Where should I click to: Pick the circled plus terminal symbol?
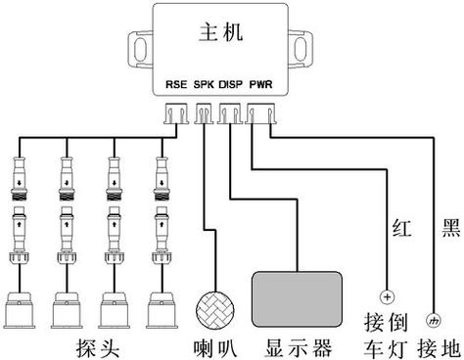pyautogui.click(x=387, y=297)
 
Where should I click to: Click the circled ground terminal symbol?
pyautogui.click(x=435, y=318)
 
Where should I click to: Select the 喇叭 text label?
pyautogui.click(x=212, y=345)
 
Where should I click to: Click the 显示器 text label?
pyautogui.click(x=299, y=345)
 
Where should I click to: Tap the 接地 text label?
pyautogui.click(x=435, y=345)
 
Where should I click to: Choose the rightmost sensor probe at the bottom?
pyautogui.click(x=164, y=307)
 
